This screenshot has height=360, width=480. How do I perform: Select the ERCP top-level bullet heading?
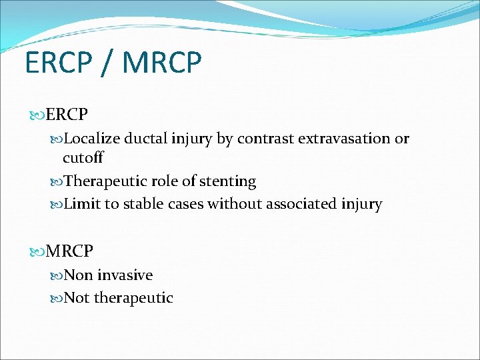tap(67, 115)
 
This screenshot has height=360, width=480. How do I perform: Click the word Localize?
tap(93, 139)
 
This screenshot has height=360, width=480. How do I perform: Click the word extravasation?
tap(345, 139)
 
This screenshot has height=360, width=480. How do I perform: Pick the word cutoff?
tap(83, 158)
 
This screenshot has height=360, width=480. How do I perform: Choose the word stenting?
tap(227, 181)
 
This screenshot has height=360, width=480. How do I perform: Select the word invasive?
tap(125, 275)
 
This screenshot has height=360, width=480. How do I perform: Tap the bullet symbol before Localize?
tap(57, 139)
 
